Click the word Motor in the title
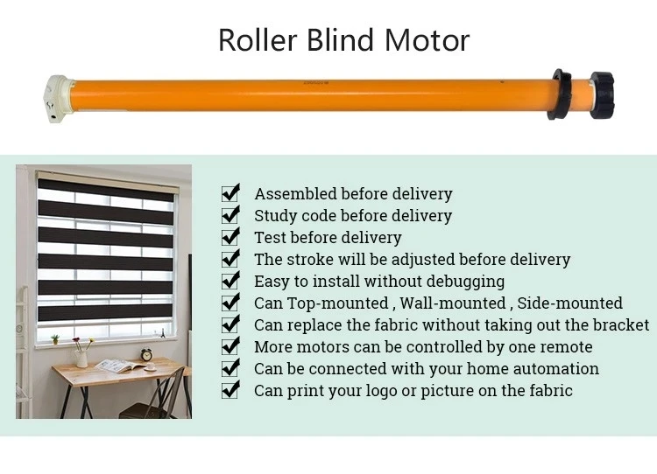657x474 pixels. coord(427,40)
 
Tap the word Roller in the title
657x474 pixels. coord(258,40)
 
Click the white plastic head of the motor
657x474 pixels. coord(58,98)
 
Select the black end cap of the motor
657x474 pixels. coord(601,95)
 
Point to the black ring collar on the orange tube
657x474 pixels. coord(559,94)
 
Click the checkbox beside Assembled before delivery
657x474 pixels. coord(230,193)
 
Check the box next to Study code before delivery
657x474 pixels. coord(230,214)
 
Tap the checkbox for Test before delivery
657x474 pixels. coord(230,236)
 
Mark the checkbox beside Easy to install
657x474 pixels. coord(230,281)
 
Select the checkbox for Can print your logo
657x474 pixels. coord(230,389)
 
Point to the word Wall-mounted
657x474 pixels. coord(453,303)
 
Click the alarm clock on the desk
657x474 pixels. coord(146,354)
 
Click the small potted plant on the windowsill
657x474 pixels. coord(55,338)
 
